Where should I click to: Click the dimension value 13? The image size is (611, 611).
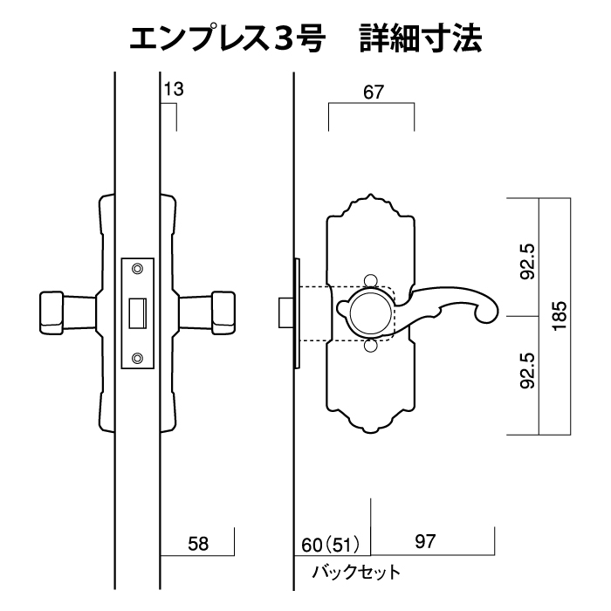pyautogui.click(x=173, y=89)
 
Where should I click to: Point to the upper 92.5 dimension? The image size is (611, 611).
pyautogui.click(x=525, y=263)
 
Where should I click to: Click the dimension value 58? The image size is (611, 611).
pyautogui.click(x=199, y=544)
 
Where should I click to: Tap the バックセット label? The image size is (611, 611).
pyautogui.click(x=356, y=573)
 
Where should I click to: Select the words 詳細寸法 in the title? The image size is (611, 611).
pyautogui.click(x=421, y=39)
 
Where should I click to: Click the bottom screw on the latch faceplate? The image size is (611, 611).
pyautogui.click(x=137, y=358)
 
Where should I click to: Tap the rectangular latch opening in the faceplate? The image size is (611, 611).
pyautogui.click(x=137, y=312)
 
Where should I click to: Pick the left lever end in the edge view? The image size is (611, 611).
pyautogui.click(x=52, y=312)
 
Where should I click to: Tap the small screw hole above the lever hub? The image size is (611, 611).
pyautogui.click(x=371, y=280)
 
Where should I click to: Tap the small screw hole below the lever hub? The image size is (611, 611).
pyautogui.click(x=371, y=347)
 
